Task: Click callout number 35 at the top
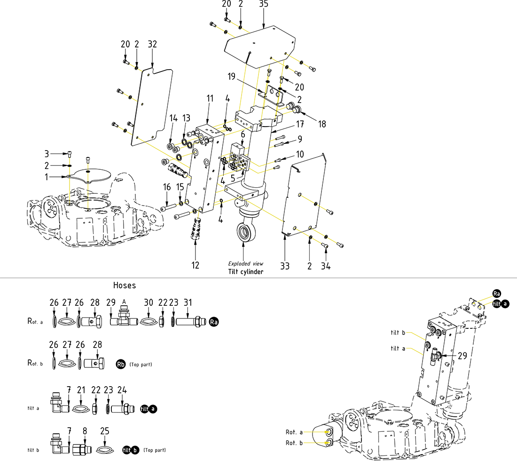[264, 4]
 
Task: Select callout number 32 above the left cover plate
[152, 44]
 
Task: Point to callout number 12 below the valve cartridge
[196, 265]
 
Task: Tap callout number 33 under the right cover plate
[285, 266]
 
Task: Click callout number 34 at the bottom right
[326, 266]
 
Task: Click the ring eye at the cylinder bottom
[243, 232]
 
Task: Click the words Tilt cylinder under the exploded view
[246, 272]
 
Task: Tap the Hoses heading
[125, 285]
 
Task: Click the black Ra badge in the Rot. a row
[214, 322]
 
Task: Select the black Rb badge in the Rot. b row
[121, 364]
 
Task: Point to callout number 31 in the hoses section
[188, 302]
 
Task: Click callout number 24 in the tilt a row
[122, 389]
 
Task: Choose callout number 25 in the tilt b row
[105, 430]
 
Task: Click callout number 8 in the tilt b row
[85, 430]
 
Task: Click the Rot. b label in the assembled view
[294, 443]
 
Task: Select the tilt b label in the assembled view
[398, 333]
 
